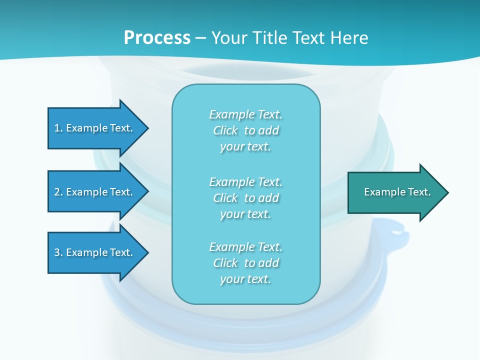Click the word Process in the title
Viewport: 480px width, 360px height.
[x=157, y=37]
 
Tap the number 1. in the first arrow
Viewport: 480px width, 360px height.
[x=58, y=128]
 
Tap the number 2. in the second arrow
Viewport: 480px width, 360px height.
[x=58, y=192]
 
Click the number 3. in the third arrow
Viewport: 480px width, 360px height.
[x=58, y=252]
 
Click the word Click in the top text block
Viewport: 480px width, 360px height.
[x=225, y=130]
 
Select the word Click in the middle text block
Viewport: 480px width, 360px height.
[x=225, y=198]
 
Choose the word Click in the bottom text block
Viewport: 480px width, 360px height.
[x=225, y=263]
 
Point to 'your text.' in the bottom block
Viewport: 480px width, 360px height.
[x=245, y=279]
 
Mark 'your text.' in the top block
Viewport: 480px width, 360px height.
[x=245, y=146]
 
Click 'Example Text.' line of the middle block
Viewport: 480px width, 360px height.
[x=245, y=181]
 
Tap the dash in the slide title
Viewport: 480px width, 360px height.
[x=200, y=38]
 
